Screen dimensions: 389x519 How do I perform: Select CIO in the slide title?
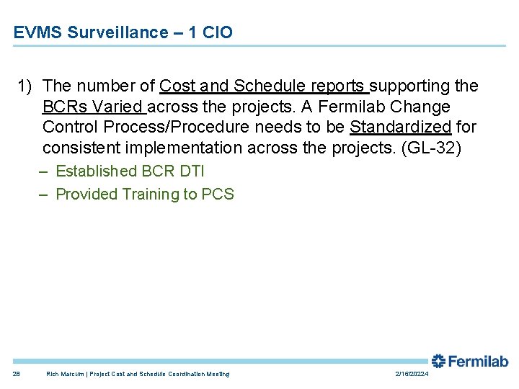pyautogui.click(x=217, y=32)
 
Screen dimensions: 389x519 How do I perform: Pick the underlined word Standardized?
pyautogui.click(x=401, y=128)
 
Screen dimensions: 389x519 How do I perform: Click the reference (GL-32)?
pyautogui.click(x=430, y=149)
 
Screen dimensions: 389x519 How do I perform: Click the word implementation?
pyautogui.click(x=195, y=149)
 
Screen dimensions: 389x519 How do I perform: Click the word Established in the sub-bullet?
pyautogui.click(x=97, y=171)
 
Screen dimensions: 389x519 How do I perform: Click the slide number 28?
pyautogui.click(x=17, y=374)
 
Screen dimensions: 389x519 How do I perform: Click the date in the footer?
pyautogui.click(x=412, y=374)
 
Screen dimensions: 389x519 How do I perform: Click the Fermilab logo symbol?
pyautogui.click(x=438, y=361)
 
